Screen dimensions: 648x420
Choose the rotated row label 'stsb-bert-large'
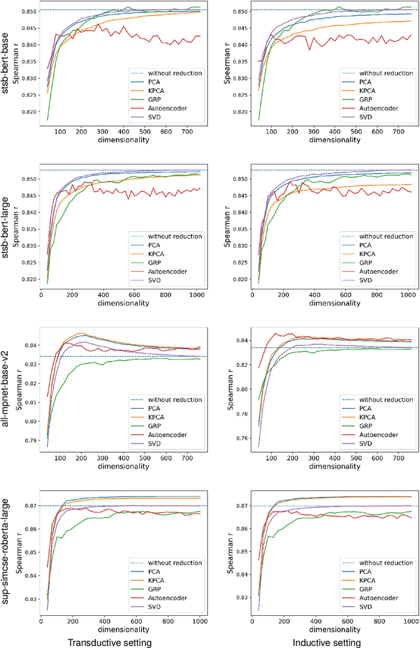9,229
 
